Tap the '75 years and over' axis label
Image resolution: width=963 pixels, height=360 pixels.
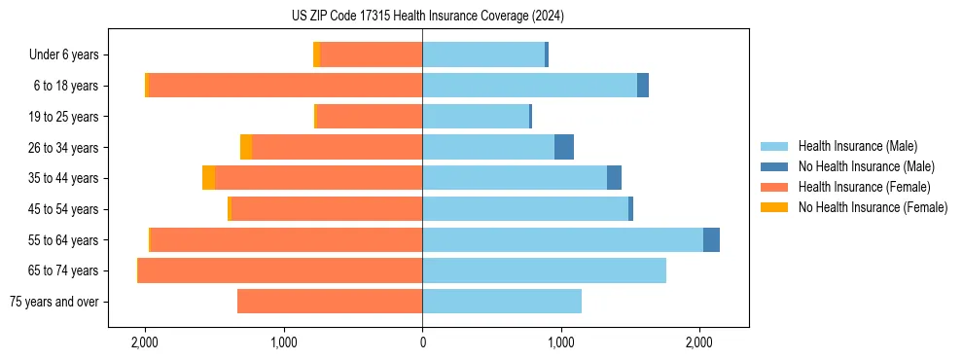pos(53,302)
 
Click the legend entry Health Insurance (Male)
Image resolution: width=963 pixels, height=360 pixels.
pos(857,146)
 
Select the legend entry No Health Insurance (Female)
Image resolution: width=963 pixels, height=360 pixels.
pos(873,207)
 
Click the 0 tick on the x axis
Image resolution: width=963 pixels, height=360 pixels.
pos(422,342)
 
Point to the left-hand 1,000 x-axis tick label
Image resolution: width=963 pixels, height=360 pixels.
pos(284,342)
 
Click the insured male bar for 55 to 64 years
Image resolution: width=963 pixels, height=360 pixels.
pos(562,239)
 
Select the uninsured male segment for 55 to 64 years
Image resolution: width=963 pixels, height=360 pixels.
pos(711,239)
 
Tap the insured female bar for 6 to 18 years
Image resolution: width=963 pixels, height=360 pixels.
pos(285,86)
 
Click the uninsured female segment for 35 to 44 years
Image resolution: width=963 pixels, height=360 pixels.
pos(208,178)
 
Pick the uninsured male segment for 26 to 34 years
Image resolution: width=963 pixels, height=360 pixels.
pos(564,147)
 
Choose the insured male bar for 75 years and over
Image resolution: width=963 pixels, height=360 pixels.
pos(502,302)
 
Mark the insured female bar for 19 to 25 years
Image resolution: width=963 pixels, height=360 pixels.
pos(370,117)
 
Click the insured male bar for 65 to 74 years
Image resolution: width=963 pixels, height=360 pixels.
pos(544,270)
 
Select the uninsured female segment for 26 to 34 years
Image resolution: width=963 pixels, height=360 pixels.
pos(246,147)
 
